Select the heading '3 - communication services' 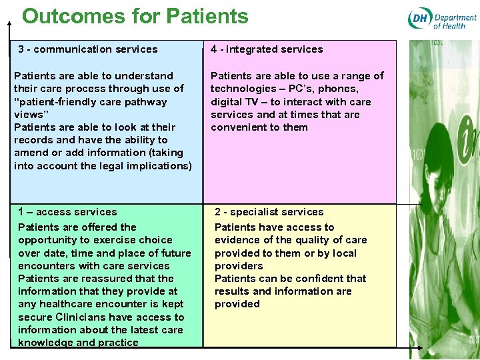pos(88,49)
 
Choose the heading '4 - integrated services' pos(267,49)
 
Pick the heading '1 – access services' pos(67,212)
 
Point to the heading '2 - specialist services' pos(269,212)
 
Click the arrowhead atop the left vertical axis pos(10,23)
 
